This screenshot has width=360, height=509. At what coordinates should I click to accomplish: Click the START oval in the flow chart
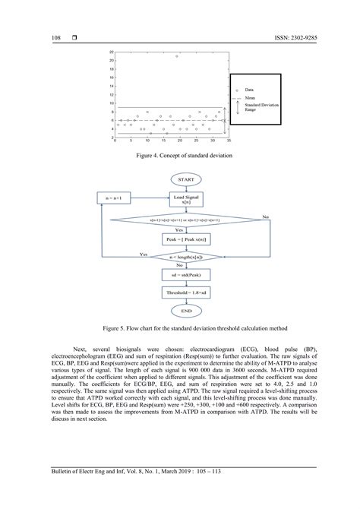tap(186, 179)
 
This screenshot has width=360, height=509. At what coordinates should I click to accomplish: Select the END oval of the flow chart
tap(186, 311)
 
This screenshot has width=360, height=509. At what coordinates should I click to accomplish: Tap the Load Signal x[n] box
tap(186, 199)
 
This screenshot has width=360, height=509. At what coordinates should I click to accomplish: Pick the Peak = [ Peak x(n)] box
tap(186, 239)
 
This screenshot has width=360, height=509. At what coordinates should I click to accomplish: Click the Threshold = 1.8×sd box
tap(186, 292)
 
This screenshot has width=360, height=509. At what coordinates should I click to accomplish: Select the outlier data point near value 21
tap(177, 55)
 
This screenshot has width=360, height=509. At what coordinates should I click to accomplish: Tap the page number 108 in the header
tap(55, 36)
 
